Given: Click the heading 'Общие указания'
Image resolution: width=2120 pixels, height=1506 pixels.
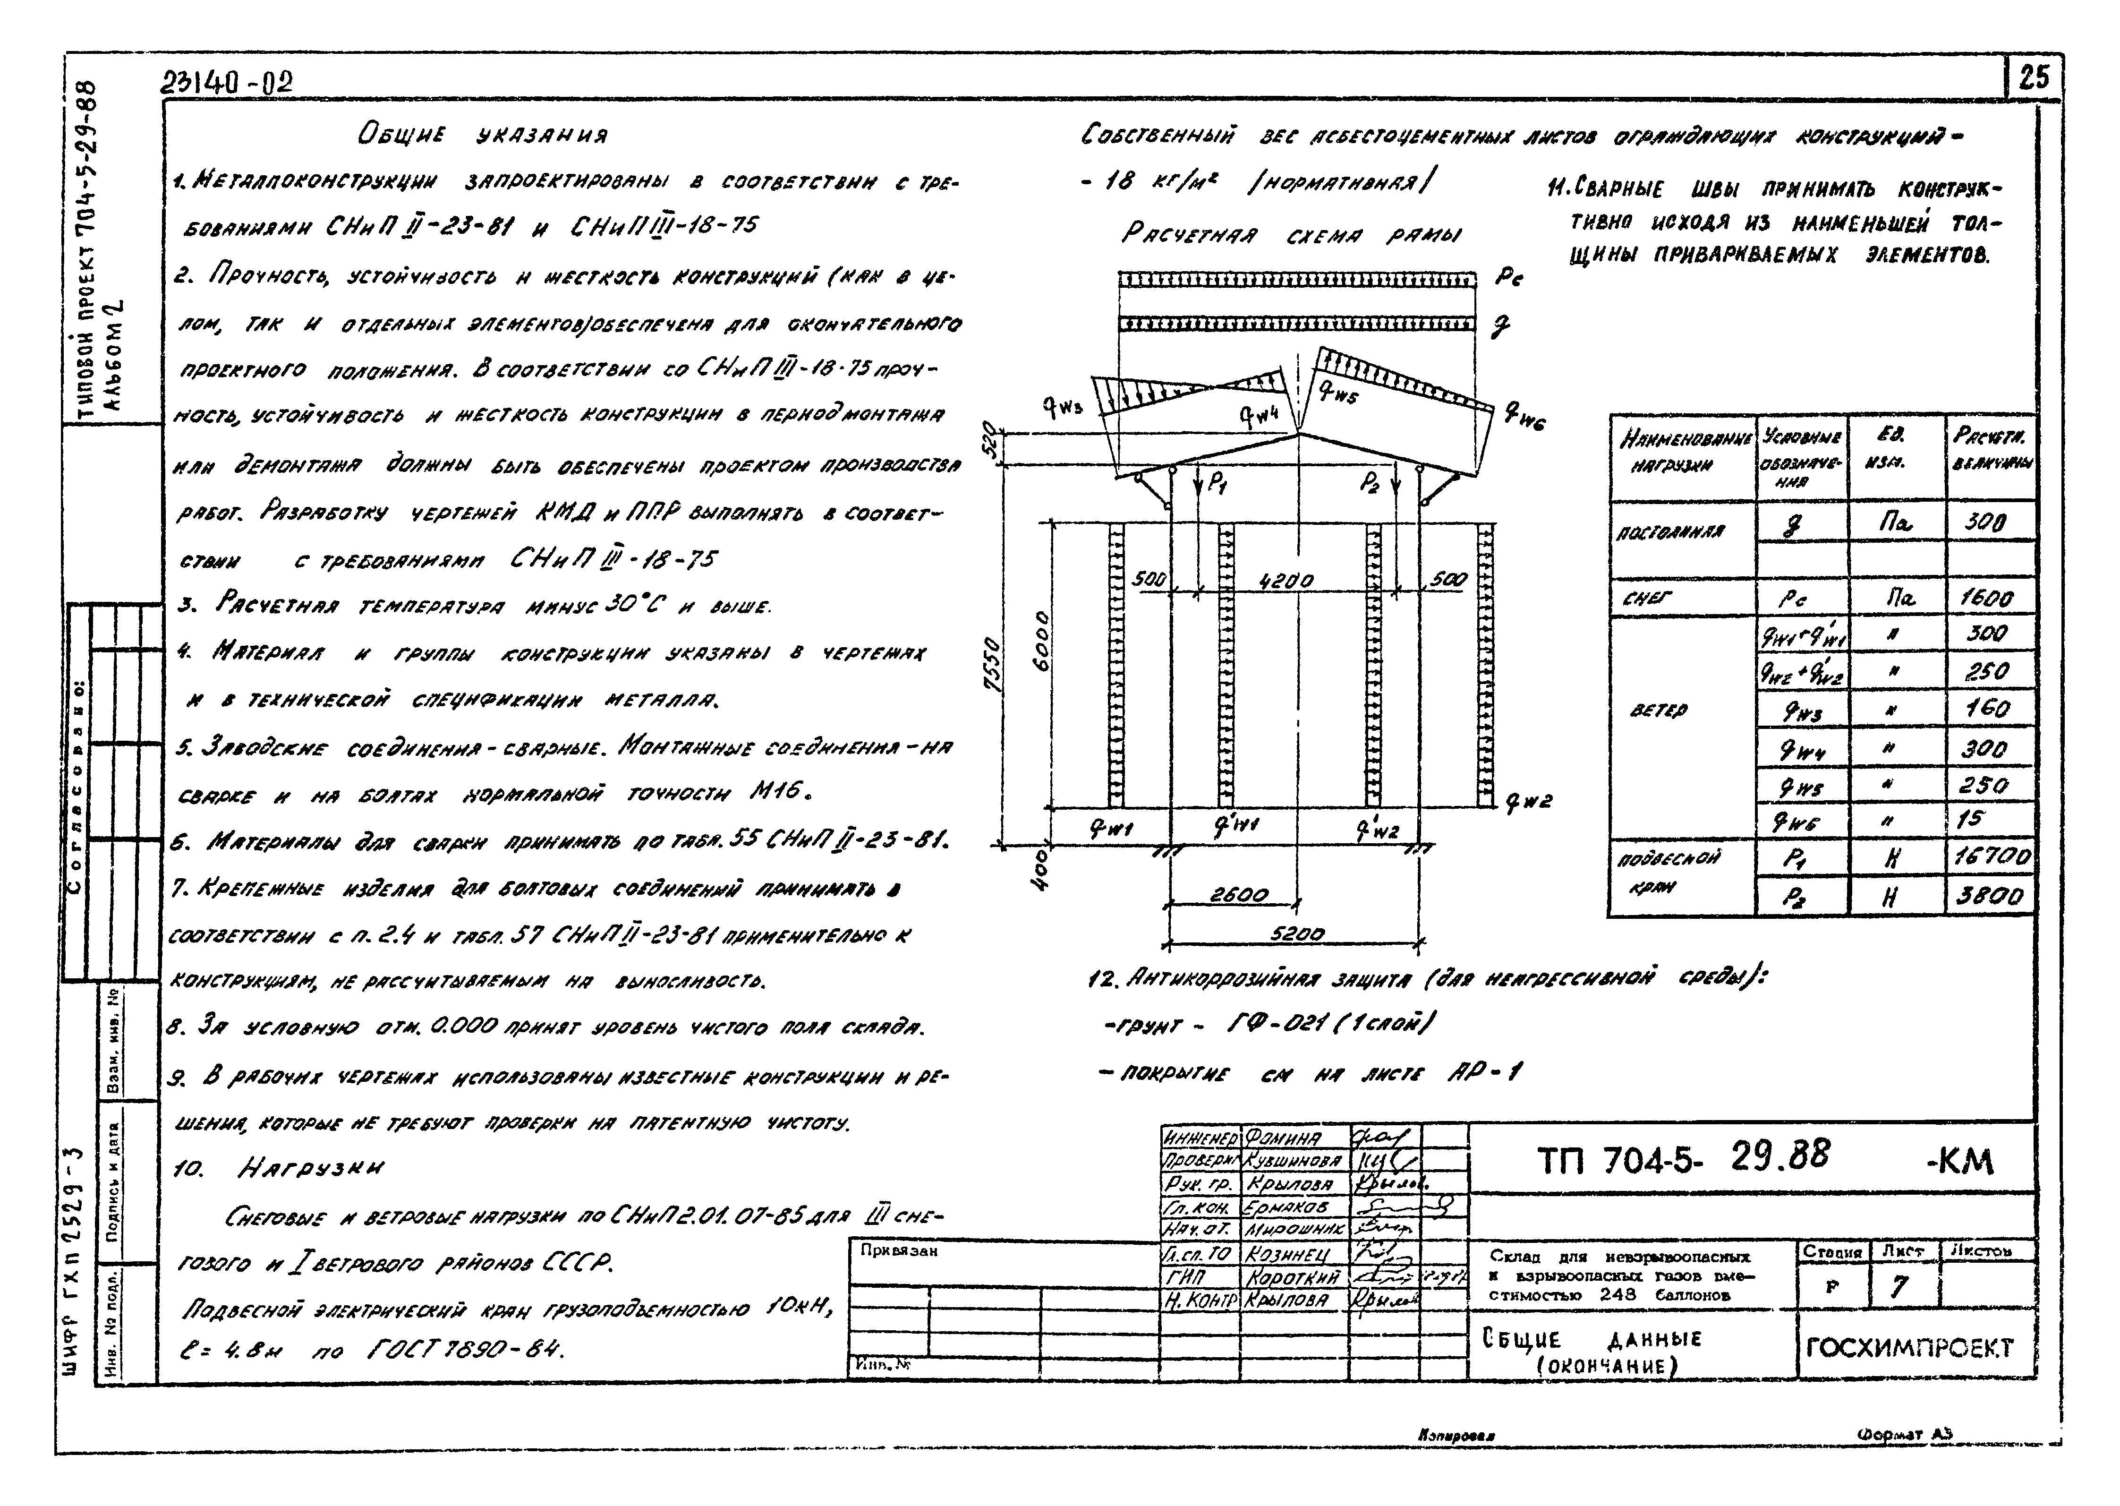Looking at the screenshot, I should (482, 136).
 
